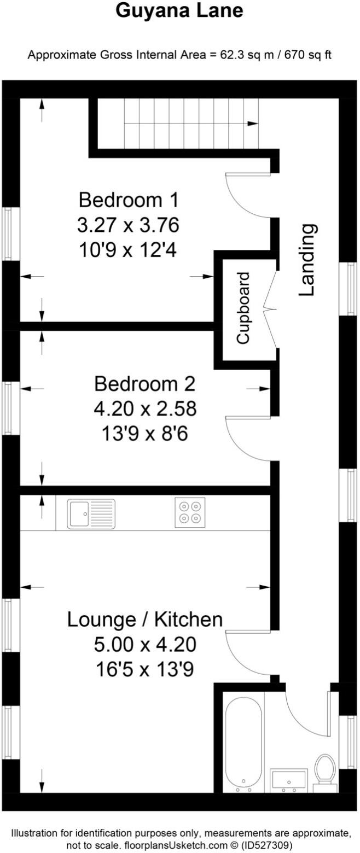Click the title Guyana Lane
pyautogui.click(x=179, y=11)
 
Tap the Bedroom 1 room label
pyautogui.click(x=129, y=200)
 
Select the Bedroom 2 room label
pyautogui.click(x=144, y=384)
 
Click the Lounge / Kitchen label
pyautogui.click(x=145, y=620)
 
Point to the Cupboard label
pyautogui.click(x=243, y=308)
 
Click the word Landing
pyautogui.click(x=308, y=260)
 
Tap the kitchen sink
pyautogui.click(x=91, y=514)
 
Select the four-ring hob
pyautogui.click(x=190, y=512)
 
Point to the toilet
pyautogui.click(x=325, y=772)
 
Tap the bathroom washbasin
pyautogui.click(x=289, y=779)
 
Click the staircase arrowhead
pyautogui.click(x=253, y=124)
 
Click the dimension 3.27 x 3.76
pyautogui.click(x=129, y=225)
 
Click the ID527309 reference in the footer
pyautogui.click(x=271, y=845)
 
